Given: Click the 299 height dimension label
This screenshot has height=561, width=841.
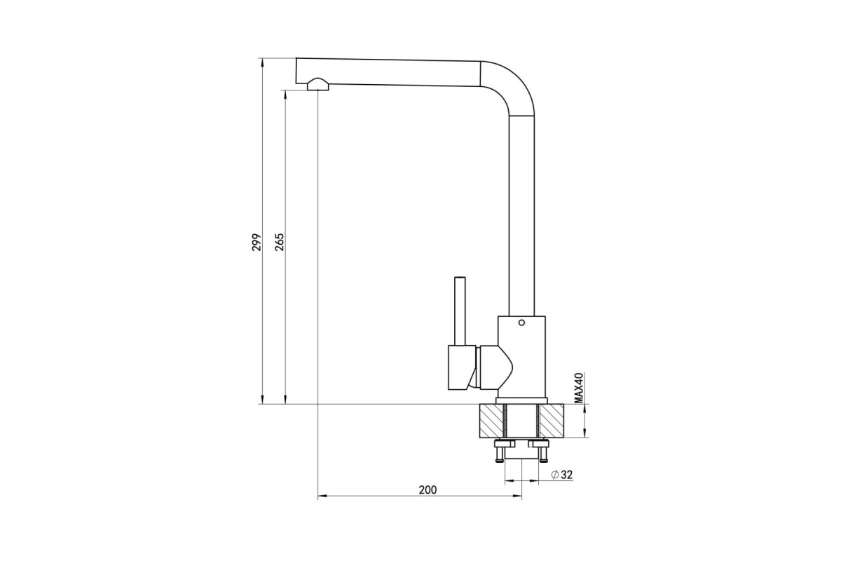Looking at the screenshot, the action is pos(257,243).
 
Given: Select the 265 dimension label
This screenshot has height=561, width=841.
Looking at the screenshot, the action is pos(279,243).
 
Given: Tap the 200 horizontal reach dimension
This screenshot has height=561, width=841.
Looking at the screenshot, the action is pos(428,490).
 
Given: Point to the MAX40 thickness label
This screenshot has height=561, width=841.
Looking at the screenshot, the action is pos(580,388).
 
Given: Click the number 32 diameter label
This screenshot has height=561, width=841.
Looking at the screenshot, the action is pos(567,475).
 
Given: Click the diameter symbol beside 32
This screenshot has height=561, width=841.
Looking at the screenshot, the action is pos(555,475).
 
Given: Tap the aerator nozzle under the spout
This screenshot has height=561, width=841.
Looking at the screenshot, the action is pos(318,84).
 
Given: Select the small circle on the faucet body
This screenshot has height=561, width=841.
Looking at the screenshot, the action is pos(521,323).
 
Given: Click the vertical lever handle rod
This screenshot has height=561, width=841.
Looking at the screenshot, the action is pos(460,311).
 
